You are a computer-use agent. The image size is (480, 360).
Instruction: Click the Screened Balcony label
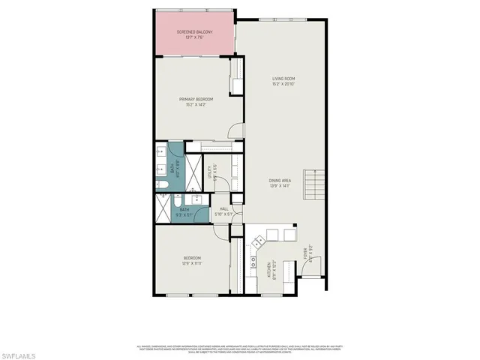[194, 31]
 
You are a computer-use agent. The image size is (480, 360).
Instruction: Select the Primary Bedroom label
[196, 99]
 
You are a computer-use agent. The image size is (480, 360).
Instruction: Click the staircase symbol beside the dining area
[315, 184]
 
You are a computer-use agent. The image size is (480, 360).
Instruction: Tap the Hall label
[223, 209]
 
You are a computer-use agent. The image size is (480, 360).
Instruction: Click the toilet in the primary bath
[161, 184]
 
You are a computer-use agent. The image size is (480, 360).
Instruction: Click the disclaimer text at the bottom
[239, 349]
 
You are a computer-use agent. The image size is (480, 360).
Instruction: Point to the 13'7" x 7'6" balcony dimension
[194, 36]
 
